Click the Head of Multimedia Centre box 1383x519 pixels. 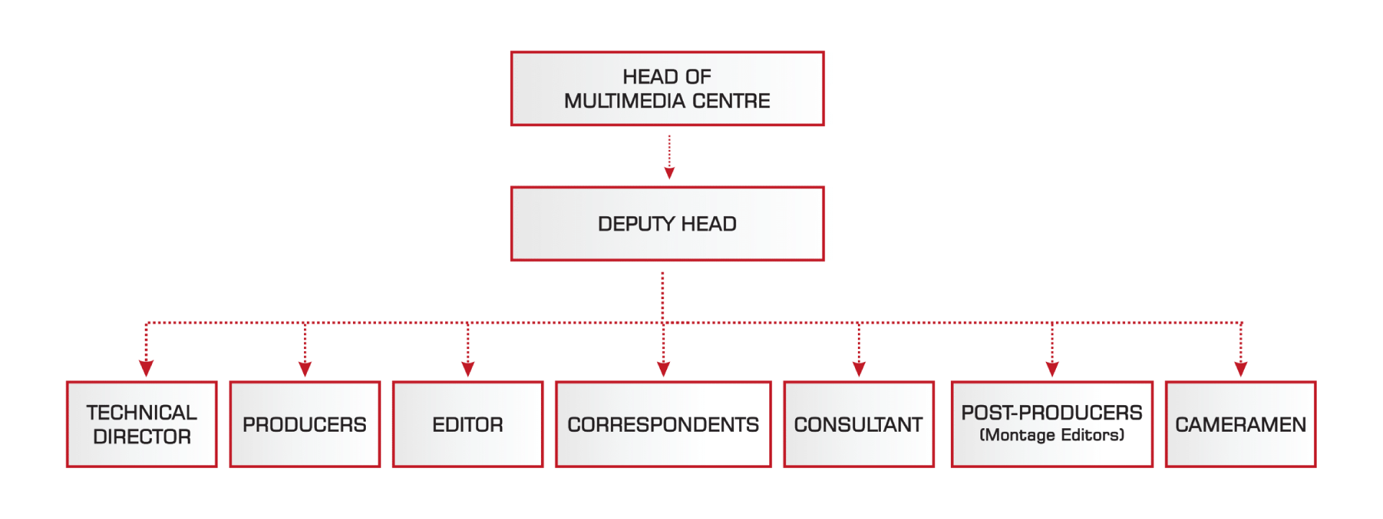[x=667, y=89]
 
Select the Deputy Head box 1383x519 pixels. [x=667, y=223]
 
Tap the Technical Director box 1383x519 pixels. [x=142, y=425]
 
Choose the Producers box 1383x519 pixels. [x=305, y=425]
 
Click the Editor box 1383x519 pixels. [x=467, y=425]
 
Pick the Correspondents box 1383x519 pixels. [x=663, y=425]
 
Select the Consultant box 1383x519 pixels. [x=859, y=425]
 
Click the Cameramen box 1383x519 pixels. [x=1240, y=425]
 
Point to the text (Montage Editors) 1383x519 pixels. [x=1052, y=435]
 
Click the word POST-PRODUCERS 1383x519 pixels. [x=1052, y=412]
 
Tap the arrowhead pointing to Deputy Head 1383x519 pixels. [x=669, y=173]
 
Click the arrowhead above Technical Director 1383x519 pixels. [x=146, y=368]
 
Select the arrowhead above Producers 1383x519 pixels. [x=305, y=368]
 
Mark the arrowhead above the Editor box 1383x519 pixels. [x=467, y=368]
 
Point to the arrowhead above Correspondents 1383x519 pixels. [x=663, y=368]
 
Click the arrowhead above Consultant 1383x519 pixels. [x=859, y=368]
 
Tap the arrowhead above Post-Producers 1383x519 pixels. [x=1052, y=368]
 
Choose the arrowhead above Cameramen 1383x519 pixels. [x=1240, y=368]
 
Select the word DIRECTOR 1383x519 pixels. [x=142, y=437]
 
